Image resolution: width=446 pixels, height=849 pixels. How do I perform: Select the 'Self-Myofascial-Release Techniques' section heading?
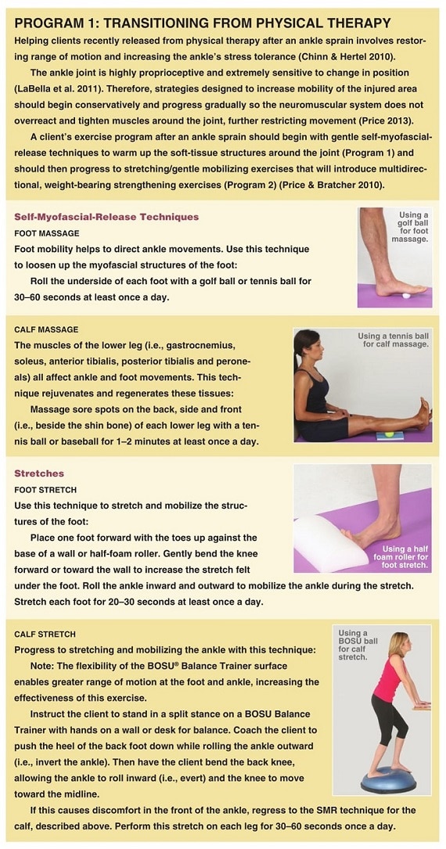[x=106, y=217]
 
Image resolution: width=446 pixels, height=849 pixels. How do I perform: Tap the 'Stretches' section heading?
[x=39, y=473]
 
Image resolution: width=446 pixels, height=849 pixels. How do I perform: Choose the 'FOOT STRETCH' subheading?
[x=45, y=490]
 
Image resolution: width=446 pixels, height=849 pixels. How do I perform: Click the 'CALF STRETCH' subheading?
[x=45, y=634]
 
